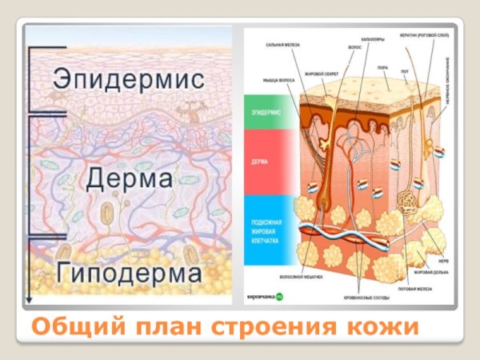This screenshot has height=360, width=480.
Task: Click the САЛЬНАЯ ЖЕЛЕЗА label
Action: pos(282,46)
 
